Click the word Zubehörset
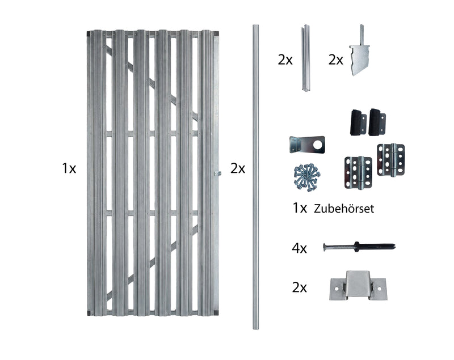point(344,209)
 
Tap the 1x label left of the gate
point(69,168)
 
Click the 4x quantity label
point(300,248)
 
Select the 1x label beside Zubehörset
point(300,208)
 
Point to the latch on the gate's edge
point(217,173)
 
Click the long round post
point(256,177)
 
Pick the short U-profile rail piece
point(306,58)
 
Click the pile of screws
point(307,177)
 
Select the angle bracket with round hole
point(307,145)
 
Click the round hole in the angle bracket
point(318,145)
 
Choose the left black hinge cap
point(358,122)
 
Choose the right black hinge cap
point(377,122)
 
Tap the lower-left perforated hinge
point(359,173)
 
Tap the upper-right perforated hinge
point(391,160)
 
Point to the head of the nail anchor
point(325,247)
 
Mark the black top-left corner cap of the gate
point(89,33)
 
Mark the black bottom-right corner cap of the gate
point(216,312)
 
